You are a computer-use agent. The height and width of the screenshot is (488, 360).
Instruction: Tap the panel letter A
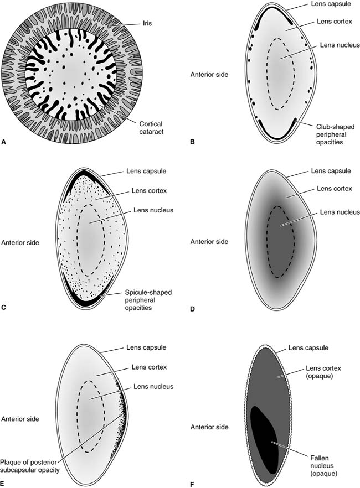(x=4, y=142)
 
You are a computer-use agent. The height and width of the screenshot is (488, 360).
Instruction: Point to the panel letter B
(x=192, y=142)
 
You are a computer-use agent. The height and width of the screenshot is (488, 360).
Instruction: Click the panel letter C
(x=4, y=304)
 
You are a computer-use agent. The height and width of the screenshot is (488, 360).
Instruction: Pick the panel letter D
(x=192, y=304)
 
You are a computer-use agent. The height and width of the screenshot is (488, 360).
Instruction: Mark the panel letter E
(x=4, y=483)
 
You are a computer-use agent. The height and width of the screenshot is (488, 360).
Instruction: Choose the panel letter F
(x=192, y=483)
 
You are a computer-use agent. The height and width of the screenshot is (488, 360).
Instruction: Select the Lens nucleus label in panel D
(x=333, y=212)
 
